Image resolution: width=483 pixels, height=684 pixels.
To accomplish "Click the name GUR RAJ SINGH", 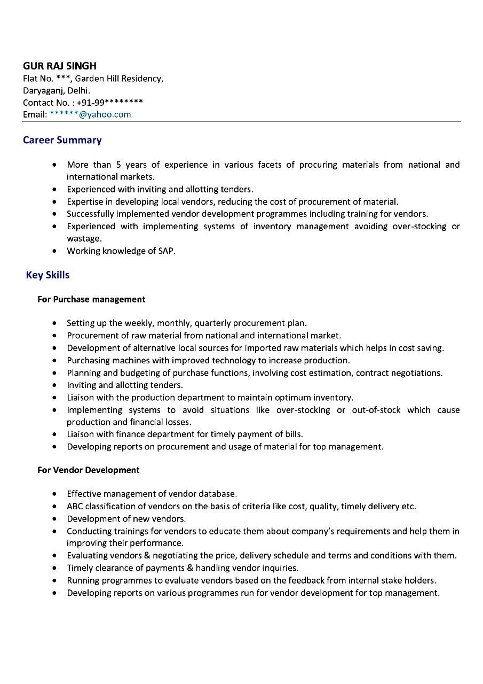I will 60,66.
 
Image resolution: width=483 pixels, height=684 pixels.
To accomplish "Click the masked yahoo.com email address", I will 90,114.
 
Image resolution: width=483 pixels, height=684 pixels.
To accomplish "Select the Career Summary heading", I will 62,140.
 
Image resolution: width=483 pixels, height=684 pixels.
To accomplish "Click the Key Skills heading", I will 47,275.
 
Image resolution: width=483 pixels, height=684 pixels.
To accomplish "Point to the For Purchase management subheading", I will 91,299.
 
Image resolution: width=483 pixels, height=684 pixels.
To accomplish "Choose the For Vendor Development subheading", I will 88,470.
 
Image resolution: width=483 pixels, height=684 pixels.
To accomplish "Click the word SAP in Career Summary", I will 166,251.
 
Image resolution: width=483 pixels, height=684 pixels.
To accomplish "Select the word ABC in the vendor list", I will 75,506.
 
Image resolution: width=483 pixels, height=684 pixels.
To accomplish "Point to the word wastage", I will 84,238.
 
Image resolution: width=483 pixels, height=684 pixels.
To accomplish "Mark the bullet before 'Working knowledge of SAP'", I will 55,251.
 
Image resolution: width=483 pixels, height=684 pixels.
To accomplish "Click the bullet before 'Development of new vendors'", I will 55,519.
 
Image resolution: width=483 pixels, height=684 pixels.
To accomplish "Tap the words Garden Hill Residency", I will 119,79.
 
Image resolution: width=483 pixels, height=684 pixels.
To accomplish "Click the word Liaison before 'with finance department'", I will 81,434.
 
